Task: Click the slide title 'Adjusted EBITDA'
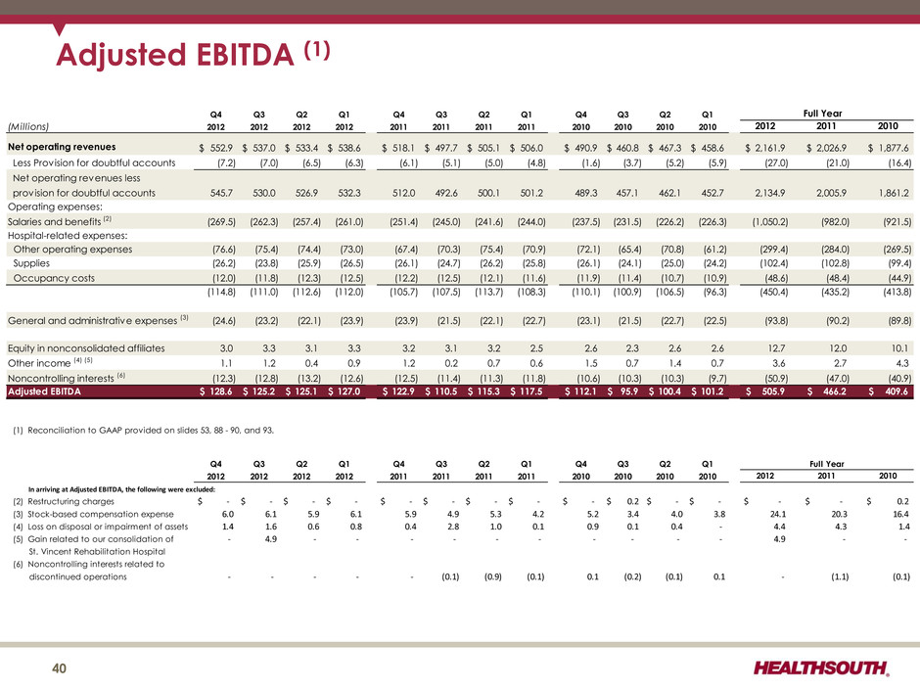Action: pos(175,55)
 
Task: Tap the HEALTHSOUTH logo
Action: pos(821,667)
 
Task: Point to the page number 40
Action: pos(60,668)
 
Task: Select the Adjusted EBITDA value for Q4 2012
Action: pos(216,391)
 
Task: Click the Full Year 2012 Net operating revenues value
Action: pos(765,148)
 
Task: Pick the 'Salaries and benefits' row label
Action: pos(54,222)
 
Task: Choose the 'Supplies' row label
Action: pos(31,263)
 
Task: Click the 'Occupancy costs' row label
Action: pos(54,278)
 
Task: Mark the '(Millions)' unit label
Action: pos(28,126)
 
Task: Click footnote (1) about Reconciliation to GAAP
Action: pos(143,430)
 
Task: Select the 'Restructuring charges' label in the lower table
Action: pos(71,502)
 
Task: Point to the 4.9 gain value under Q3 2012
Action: pos(270,538)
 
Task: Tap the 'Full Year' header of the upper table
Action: pos(822,114)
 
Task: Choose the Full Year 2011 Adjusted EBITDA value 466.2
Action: pos(827,391)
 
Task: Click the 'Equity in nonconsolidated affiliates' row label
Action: pos(86,348)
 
